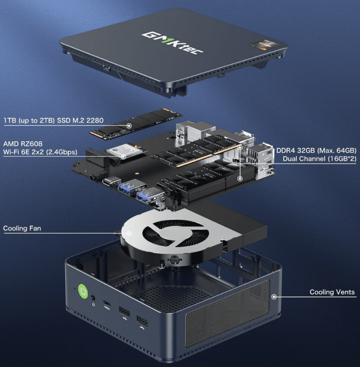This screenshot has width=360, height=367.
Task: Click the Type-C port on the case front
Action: (107, 304)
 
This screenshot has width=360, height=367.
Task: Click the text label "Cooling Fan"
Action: (22, 229)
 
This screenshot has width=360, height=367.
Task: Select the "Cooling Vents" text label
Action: (332, 292)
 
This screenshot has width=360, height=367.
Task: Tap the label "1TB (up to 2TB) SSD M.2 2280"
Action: (53, 121)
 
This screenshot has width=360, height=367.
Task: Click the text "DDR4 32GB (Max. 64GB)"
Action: (316, 150)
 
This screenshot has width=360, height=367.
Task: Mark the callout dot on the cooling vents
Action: (273, 296)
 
